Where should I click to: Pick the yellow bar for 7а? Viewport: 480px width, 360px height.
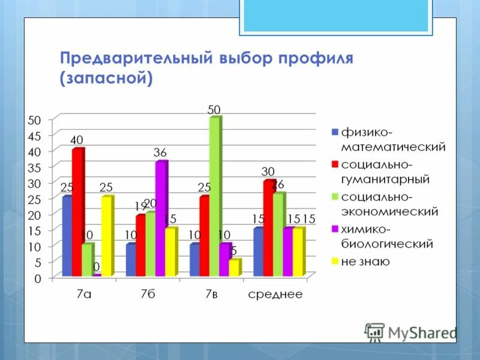107,235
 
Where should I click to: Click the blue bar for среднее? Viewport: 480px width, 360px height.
258,251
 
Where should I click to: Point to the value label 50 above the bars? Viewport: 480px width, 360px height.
214,110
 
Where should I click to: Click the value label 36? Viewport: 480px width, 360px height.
160,153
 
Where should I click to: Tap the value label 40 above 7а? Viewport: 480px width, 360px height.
77,140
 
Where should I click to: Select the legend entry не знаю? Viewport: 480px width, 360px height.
365,262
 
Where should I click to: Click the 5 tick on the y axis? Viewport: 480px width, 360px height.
37,263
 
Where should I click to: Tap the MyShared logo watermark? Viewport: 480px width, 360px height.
411,332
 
